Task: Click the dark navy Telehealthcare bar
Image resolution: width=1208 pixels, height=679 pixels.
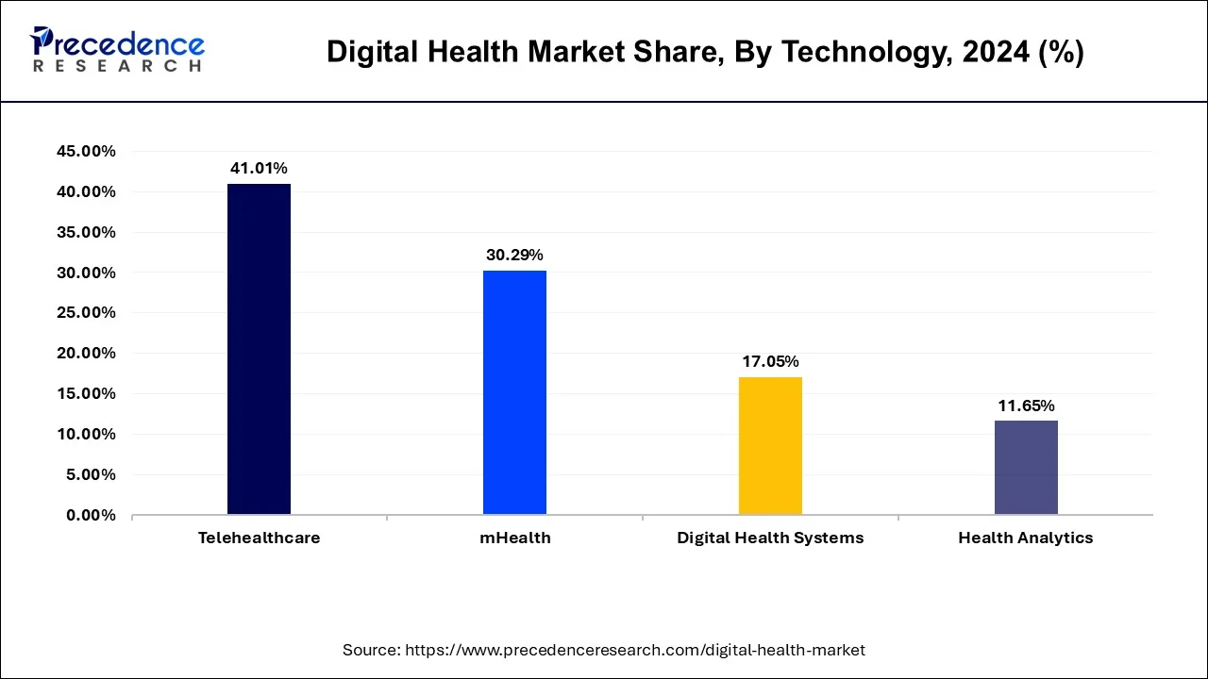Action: [x=259, y=349]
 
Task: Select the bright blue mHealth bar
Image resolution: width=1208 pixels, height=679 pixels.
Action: [x=514, y=392]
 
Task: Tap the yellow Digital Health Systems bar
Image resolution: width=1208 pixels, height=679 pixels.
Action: [x=770, y=446]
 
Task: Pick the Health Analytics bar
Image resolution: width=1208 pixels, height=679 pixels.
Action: [x=1026, y=468]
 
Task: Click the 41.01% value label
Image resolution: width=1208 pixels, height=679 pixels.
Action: [x=259, y=168]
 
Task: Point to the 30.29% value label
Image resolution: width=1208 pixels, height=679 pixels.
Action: [x=514, y=255]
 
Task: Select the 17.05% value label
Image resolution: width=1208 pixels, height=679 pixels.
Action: [x=770, y=361]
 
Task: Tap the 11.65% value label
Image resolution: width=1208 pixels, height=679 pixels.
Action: [x=1026, y=406]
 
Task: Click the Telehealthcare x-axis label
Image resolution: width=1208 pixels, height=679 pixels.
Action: [x=259, y=538]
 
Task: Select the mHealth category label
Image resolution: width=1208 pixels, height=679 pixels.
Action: [x=514, y=538]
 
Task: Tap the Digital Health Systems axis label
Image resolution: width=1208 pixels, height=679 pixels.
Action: [x=770, y=538]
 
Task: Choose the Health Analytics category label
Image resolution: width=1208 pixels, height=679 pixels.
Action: [x=1026, y=538]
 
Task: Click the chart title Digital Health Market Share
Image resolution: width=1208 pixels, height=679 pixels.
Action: [x=705, y=53]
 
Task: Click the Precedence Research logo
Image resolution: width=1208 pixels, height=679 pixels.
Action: [x=117, y=50]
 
